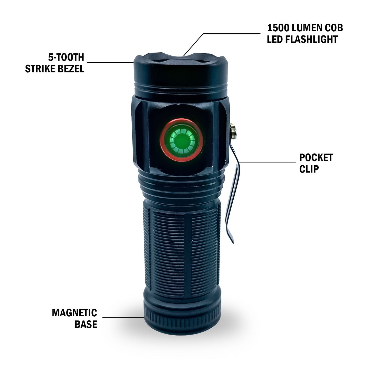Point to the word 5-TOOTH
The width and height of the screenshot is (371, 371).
point(66,57)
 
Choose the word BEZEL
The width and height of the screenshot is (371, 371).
point(74,69)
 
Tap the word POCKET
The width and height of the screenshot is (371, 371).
point(316,158)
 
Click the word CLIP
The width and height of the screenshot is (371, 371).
point(309,169)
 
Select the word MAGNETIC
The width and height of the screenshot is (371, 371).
point(74,313)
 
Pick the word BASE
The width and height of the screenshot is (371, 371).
point(86,324)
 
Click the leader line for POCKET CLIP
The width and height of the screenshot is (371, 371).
point(267,162)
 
